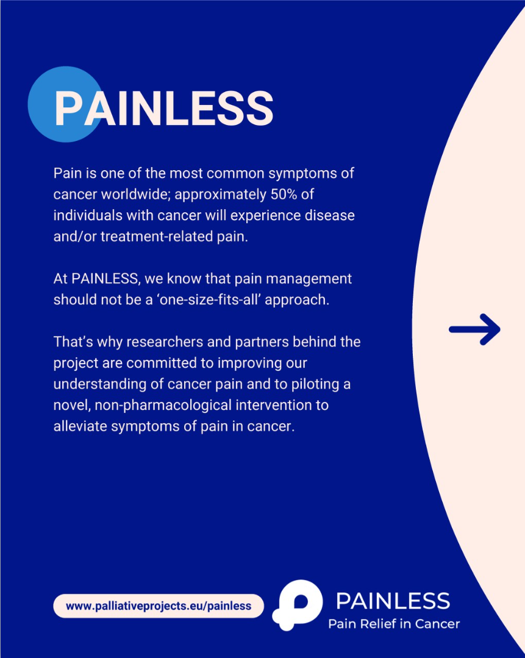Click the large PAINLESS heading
[164, 109]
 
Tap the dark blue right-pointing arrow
[474, 329]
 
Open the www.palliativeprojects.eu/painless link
[159, 606]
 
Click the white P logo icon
[298, 605]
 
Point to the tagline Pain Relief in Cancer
[394, 624]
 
